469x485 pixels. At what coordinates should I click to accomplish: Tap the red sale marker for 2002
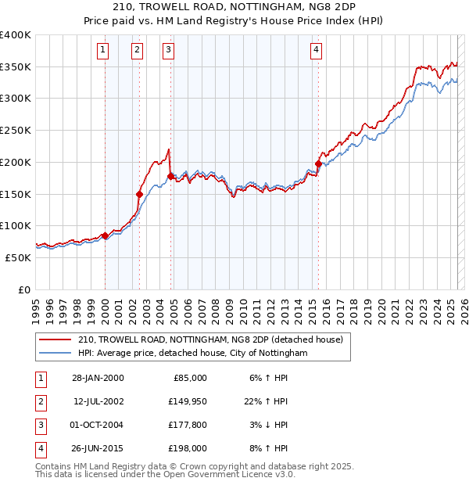tap(139, 194)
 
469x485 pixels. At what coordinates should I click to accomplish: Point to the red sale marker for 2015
tap(318, 163)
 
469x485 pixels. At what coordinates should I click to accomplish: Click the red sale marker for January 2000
tap(105, 235)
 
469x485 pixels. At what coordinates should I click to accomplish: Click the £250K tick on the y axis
tap(16, 130)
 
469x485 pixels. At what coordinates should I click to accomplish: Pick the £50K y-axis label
tap(18, 257)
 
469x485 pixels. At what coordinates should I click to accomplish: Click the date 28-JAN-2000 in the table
tap(98, 378)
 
